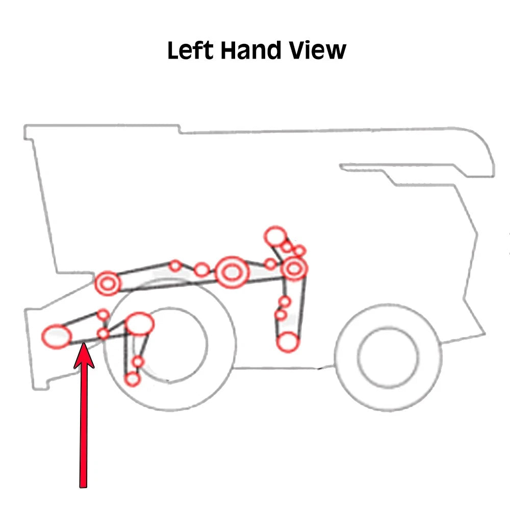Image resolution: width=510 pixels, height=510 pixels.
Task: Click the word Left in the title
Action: (190, 50)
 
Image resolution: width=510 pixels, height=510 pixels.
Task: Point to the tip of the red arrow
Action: (84, 343)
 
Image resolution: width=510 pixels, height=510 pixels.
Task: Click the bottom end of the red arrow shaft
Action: (83, 488)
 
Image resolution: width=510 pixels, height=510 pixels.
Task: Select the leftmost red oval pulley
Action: (57, 336)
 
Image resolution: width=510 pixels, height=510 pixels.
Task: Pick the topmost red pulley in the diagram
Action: (275, 237)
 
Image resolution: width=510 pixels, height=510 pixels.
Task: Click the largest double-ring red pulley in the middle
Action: (232, 272)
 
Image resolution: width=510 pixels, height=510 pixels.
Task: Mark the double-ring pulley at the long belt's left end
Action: (108, 283)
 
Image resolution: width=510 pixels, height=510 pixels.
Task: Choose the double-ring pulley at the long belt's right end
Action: (294, 269)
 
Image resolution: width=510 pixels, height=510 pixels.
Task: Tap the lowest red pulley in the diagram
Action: (133, 379)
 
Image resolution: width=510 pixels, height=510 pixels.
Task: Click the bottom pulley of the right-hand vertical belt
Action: (287, 342)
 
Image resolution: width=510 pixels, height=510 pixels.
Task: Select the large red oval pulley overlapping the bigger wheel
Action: (140, 324)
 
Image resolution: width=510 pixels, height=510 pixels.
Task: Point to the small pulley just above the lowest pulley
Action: (138, 362)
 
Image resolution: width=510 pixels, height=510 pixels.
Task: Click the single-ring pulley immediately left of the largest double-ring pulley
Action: (201, 270)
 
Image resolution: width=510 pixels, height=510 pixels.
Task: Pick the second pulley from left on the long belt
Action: (175, 266)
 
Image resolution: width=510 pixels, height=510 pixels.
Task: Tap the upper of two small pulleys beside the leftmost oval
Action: (104, 315)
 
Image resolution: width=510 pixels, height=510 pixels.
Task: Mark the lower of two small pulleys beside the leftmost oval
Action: (104, 334)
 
